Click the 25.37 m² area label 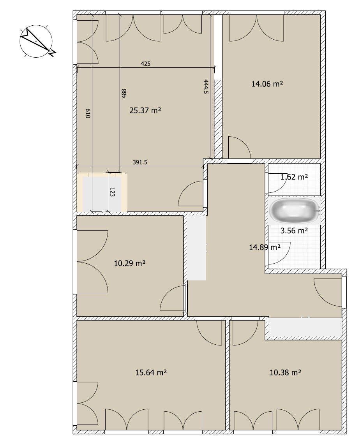145,110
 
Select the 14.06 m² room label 267,84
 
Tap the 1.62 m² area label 294,177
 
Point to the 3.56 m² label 294,231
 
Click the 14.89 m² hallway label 265,247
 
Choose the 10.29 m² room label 130,263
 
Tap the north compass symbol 37,41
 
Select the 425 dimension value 146,64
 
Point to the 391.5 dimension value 140,162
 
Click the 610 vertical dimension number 88,113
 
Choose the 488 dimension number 124,93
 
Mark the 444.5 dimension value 206,86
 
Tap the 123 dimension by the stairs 112,192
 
